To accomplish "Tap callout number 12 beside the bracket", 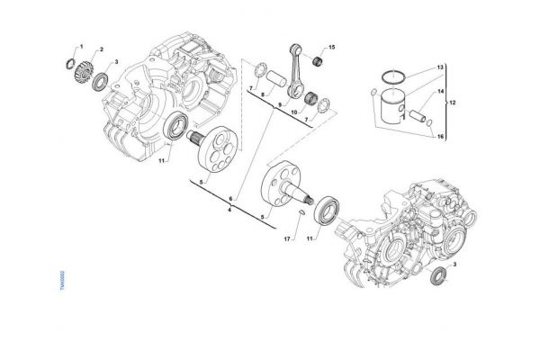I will coord(453,103).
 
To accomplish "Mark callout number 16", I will coord(440,136).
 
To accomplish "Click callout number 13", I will coord(440,67).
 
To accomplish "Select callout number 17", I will coord(287,238).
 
